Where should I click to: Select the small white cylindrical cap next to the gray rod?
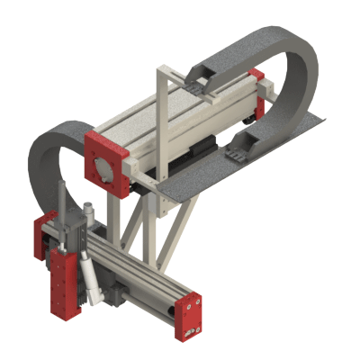[x=89, y=211]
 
